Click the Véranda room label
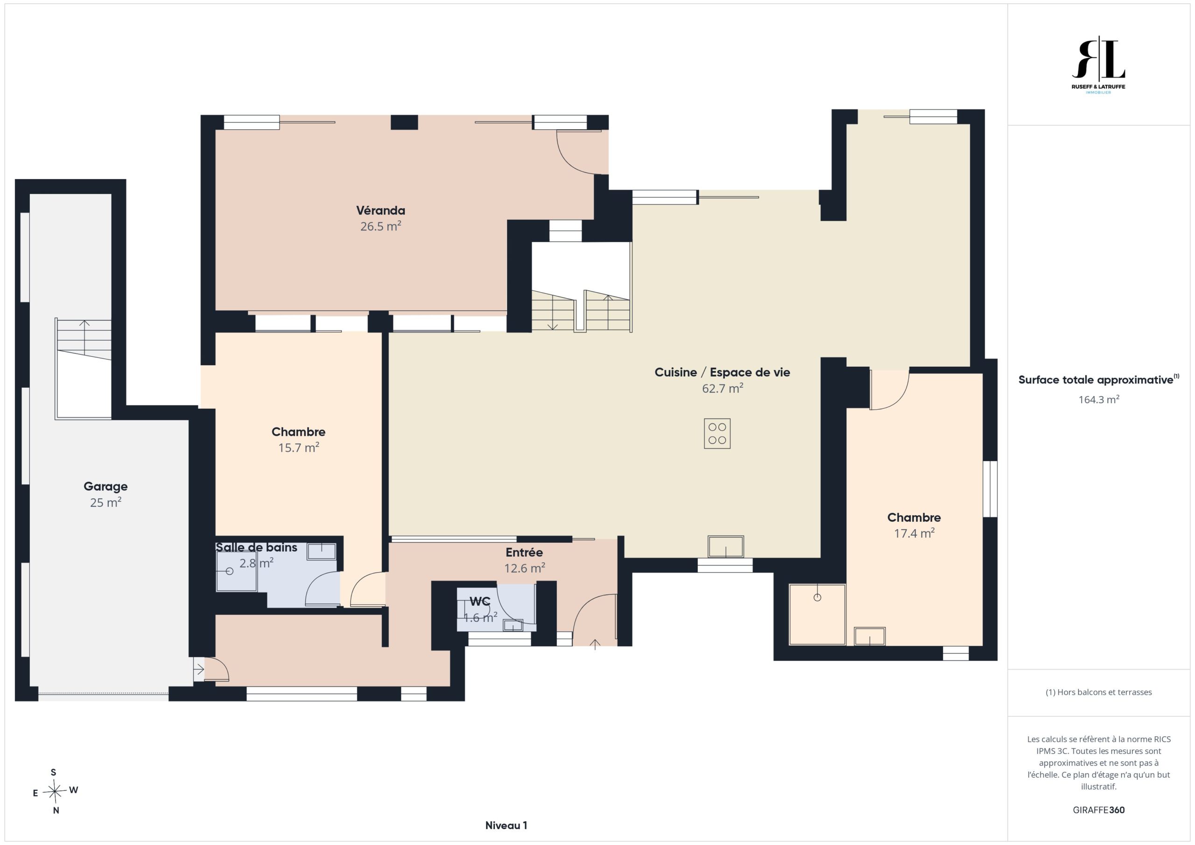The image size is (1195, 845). tap(380, 211)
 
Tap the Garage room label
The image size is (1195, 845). tap(105, 487)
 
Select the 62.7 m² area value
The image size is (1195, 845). tap(723, 388)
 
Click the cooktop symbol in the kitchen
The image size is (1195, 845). tap(717, 433)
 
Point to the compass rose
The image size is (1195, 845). tap(55, 791)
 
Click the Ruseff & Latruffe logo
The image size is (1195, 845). tap(1098, 64)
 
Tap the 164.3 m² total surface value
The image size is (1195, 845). tap(1099, 399)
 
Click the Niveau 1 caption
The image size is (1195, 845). tap(506, 825)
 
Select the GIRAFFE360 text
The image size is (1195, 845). tap(1099, 810)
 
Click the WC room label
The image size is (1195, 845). tap(480, 601)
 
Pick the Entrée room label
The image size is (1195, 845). tap(524, 552)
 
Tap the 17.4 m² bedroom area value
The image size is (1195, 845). tap(914, 533)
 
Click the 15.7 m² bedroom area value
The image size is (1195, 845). tap(298, 447)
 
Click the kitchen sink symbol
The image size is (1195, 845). tap(725, 546)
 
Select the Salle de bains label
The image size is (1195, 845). tap(256, 547)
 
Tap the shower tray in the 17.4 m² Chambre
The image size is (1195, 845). tap(817, 615)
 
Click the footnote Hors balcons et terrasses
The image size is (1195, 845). tap(1099, 692)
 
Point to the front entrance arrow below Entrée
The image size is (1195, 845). tap(595, 645)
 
